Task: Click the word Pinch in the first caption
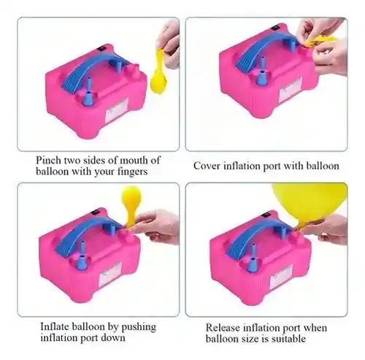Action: click(x=49, y=160)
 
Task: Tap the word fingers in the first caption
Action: click(x=132, y=172)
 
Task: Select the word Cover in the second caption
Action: click(x=207, y=166)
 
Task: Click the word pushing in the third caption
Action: click(x=139, y=327)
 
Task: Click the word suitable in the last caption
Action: click(x=289, y=339)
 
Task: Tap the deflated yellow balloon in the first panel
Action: click(x=158, y=72)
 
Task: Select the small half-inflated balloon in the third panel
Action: click(x=131, y=204)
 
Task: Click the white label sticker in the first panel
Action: click(x=117, y=110)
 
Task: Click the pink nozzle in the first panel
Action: click(x=133, y=70)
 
